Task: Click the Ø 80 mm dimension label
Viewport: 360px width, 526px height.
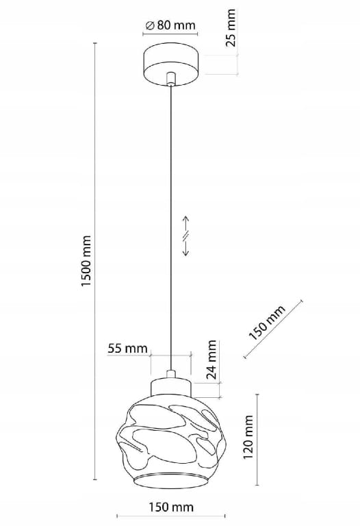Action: coord(170,25)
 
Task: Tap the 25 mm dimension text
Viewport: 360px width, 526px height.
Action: coord(231,28)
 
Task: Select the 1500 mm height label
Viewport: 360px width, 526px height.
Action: coord(86,261)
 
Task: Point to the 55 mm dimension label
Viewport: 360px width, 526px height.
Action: coord(127,349)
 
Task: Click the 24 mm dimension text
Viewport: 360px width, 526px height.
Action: coord(211,360)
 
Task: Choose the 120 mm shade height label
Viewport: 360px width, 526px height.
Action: coord(248,437)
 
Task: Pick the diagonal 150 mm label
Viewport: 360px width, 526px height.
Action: coord(267,322)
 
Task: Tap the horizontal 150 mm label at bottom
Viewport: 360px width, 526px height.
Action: coord(170,507)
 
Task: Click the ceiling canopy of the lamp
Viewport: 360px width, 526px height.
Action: coord(171,64)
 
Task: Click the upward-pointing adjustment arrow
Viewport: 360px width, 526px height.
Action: coord(185,223)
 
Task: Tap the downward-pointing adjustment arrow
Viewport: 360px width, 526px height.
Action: coord(185,248)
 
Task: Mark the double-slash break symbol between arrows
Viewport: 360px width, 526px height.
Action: coord(185,236)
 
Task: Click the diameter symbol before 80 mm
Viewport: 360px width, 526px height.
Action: coord(150,25)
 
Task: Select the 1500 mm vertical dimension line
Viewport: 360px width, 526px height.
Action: coord(95,262)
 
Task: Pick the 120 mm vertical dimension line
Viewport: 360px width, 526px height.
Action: coord(257,440)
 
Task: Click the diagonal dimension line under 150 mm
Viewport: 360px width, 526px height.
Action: coord(273,329)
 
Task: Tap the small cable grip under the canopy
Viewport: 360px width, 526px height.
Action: coord(171,78)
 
